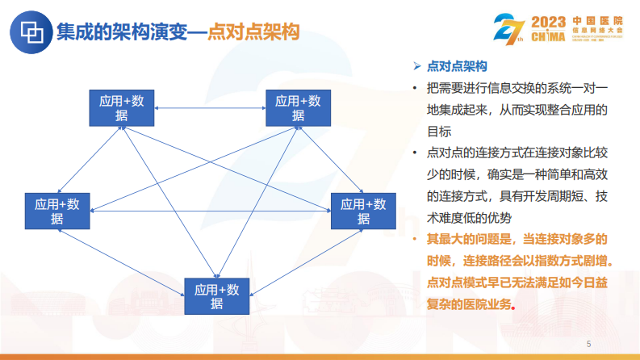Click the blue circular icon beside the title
point(31,31)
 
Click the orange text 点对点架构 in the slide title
point(253,32)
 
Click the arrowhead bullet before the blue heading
point(416,65)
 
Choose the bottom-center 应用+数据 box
point(217,296)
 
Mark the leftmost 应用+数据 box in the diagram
point(57,211)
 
